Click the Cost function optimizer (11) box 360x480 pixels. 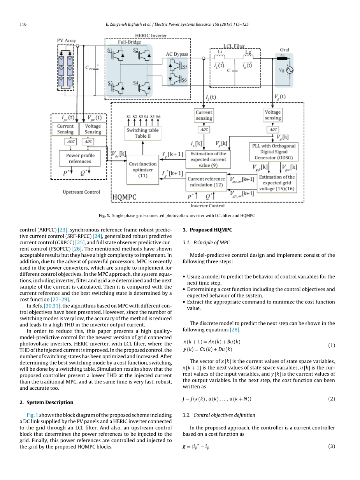click(143, 170)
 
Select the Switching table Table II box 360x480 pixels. click(142, 133)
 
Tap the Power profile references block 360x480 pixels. click(80, 158)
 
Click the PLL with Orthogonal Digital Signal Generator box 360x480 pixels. click(272, 152)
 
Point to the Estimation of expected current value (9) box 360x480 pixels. click(208, 159)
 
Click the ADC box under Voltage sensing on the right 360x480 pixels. click(273, 130)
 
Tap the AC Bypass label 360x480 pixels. click(177, 54)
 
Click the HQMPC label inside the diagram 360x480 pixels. click(125, 197)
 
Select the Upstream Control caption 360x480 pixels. click(81, 192)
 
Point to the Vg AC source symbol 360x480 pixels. click(289, 70)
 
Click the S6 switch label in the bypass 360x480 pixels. click(184, 80)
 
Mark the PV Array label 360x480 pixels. click(66, 40)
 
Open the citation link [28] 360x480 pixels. click(234, 330)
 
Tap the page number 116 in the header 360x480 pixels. click(23, 25)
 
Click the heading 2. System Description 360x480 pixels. click(46, 402)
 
